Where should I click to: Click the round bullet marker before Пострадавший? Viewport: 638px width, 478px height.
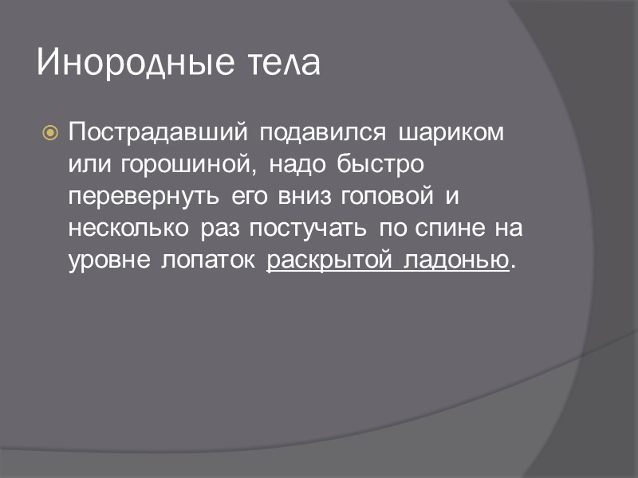coord(49,132)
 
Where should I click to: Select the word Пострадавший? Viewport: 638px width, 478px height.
coord(156,131)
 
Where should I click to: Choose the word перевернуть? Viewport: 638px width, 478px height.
coord(146,196)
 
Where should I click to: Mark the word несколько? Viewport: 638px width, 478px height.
coord(128,229)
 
